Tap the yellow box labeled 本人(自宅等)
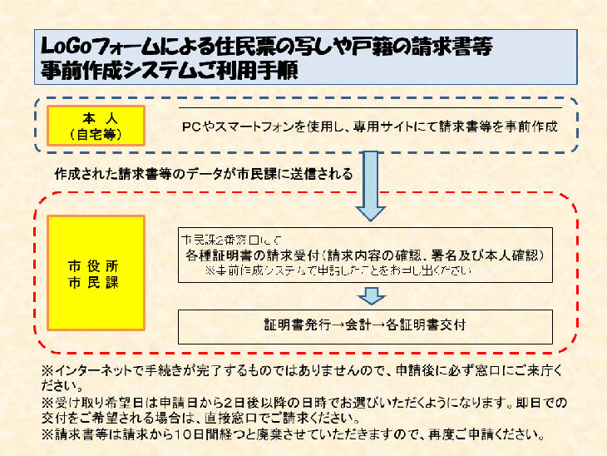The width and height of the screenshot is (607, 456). [x=96, y=124]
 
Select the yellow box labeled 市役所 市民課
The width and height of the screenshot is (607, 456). [x=96, y=273]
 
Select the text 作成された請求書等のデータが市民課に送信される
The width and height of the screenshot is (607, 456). [x=204, y=176]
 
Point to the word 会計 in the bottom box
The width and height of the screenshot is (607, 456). [x=348, y=325]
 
